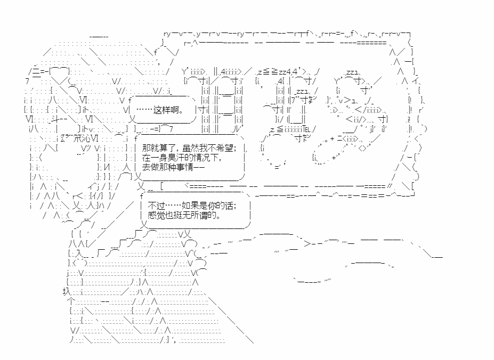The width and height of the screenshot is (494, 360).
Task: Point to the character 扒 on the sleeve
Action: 67,292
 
